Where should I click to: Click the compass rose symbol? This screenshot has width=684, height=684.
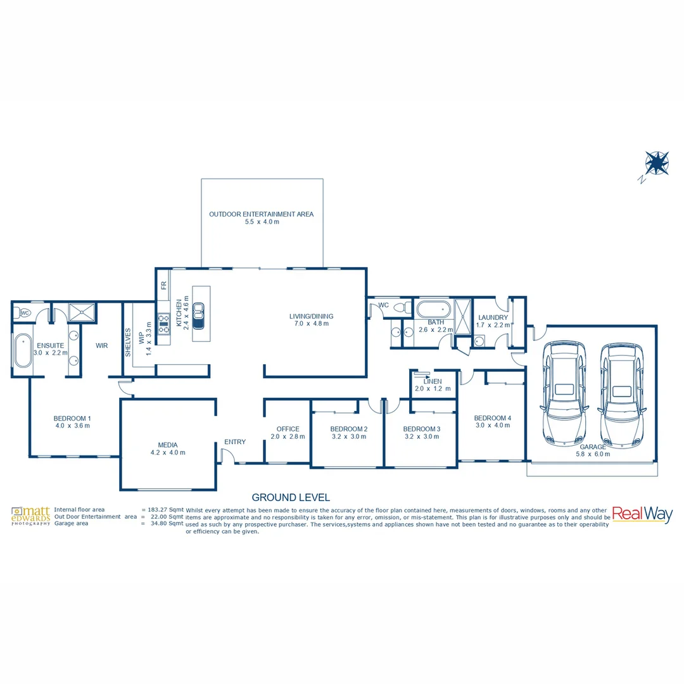(x=657, y=163)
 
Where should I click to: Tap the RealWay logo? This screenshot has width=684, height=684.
(x=642, y=515)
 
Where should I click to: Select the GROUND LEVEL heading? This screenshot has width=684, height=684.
(x=291, y=498)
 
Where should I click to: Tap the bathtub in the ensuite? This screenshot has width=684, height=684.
(x=23, y=350)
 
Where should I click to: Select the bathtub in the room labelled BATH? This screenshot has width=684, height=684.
(x=433, y=310)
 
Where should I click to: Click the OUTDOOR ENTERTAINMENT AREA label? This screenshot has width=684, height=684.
(x=261, y=214)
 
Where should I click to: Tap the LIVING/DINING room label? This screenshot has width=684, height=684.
(x=311, y=316)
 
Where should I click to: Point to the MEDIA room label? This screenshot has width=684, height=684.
(x=168, y=445)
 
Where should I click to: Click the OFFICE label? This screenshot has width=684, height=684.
(x=288, y=429)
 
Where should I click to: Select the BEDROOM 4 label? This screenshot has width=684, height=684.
(x=492, y=418)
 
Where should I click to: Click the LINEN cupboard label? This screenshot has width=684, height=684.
(x=433, y=381)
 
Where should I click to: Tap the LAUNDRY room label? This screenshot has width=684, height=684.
(x=493, y=317)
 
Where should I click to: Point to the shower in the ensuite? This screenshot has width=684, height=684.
(x=82, y=312)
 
